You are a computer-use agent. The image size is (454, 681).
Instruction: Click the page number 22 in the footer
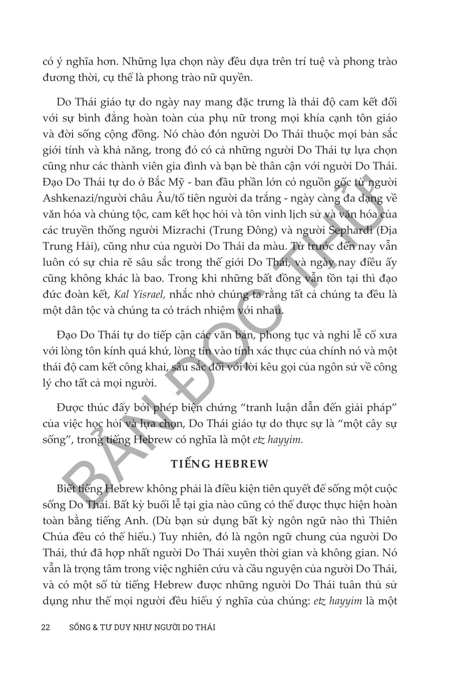click(46, 627)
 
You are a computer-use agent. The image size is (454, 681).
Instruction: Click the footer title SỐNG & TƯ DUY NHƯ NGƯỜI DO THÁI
click(142, 627)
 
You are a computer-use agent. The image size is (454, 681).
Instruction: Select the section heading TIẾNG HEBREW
click(227, 464)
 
